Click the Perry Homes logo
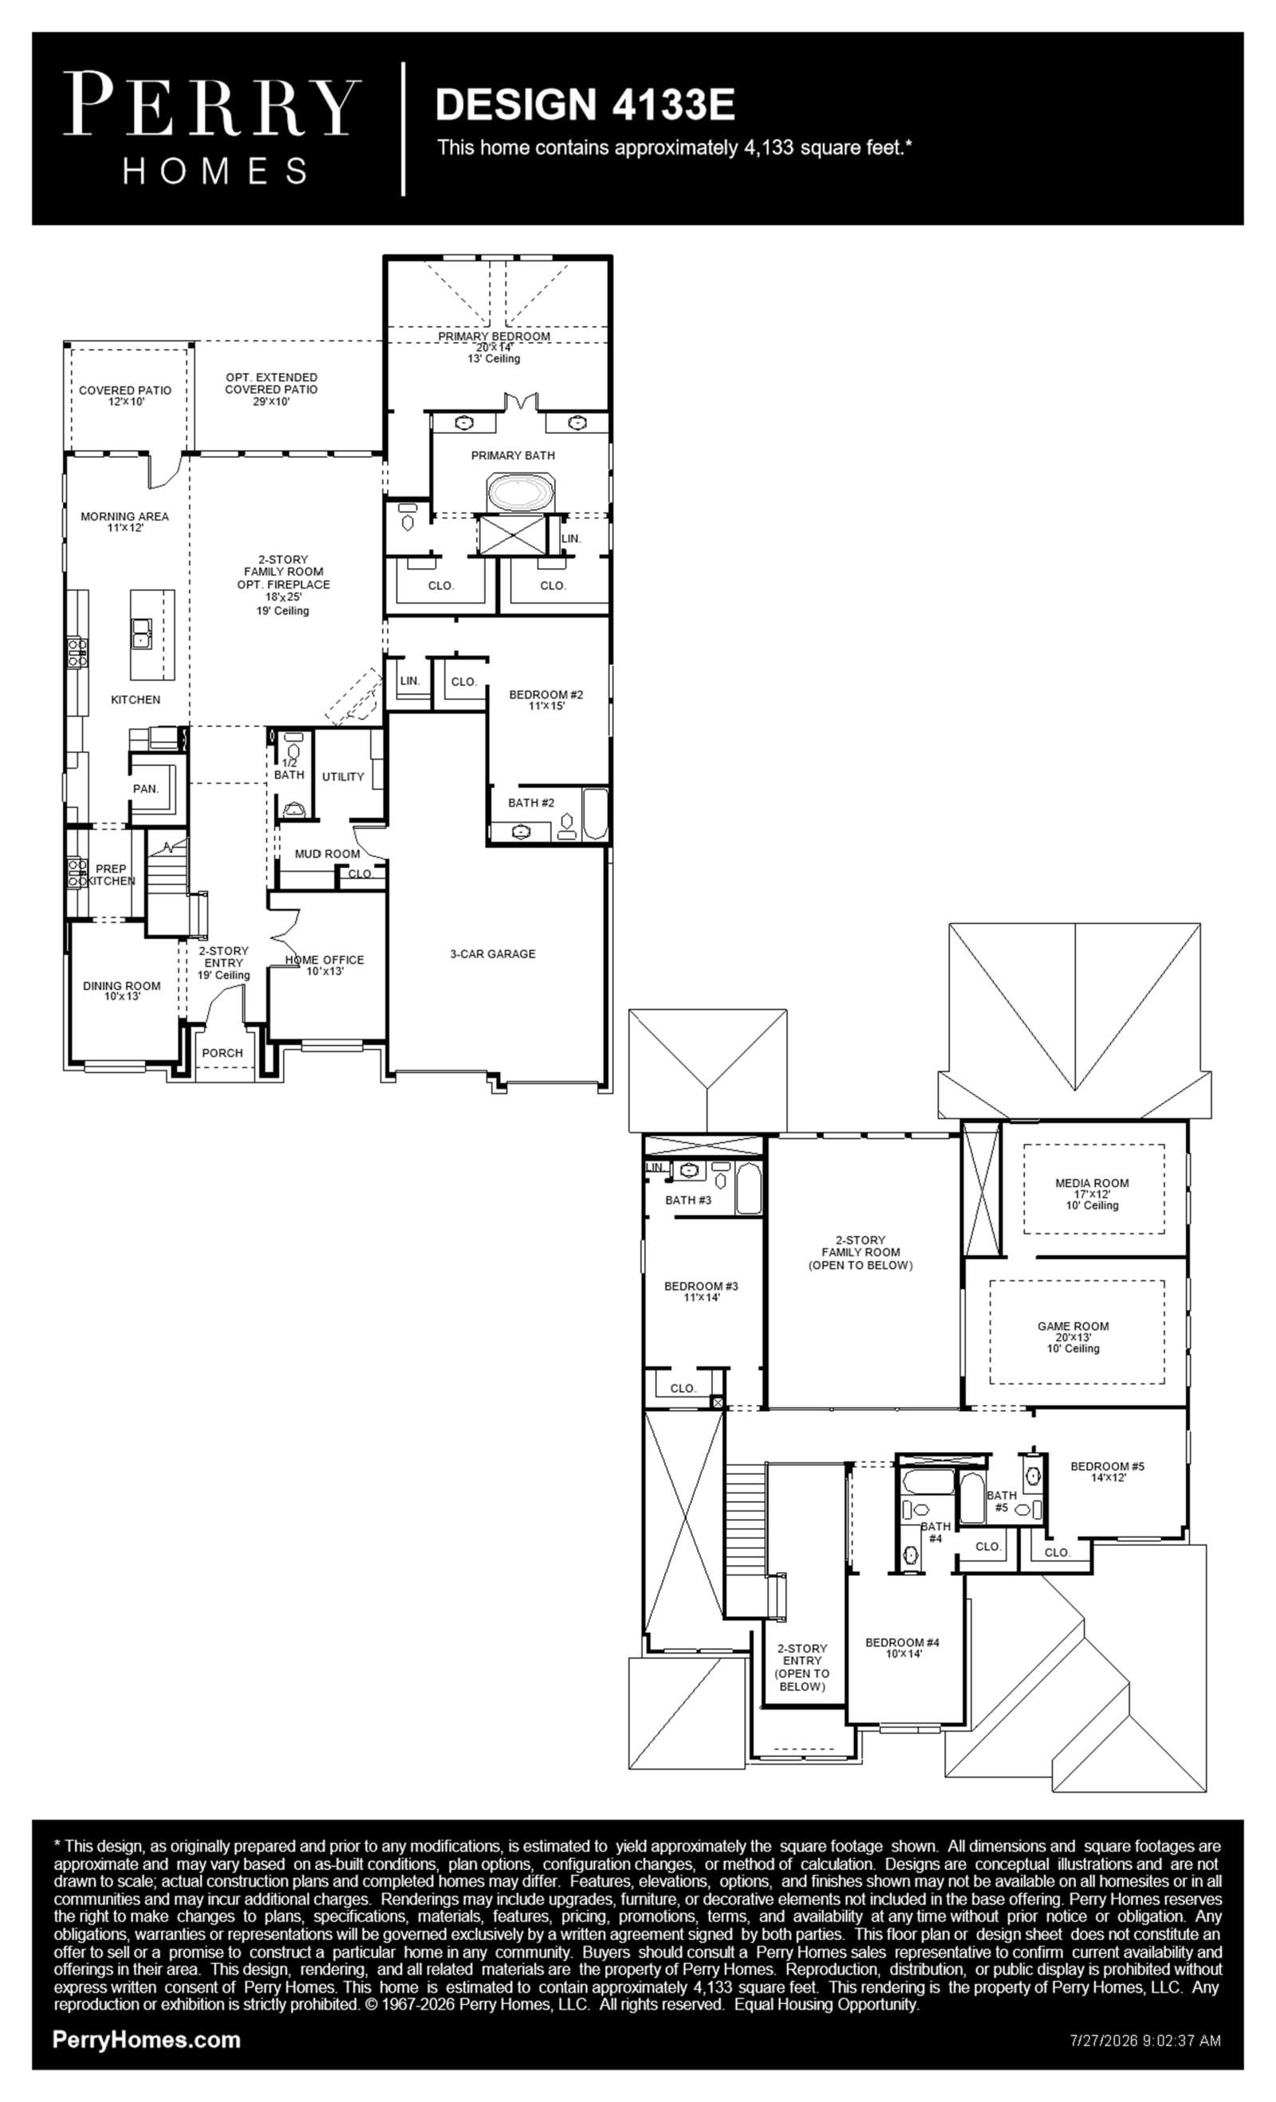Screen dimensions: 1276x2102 [212, 128]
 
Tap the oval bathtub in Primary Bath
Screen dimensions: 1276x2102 [520, 493]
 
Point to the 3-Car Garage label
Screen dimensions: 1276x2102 [493, 954]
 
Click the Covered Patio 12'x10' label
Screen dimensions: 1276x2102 [125, 396]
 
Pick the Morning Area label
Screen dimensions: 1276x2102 [124, 521]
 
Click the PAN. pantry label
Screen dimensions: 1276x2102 [146, 789]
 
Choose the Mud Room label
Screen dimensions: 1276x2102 [328, 853]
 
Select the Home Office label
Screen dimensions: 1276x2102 [325, 964]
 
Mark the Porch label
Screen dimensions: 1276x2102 [223, 1053]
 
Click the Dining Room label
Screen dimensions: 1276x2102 [122, 991]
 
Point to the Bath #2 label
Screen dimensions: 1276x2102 [531, 803]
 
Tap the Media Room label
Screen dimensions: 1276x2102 [1092, 1194]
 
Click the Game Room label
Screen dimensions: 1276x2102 [1073, 1338]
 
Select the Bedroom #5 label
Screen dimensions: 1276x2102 [1108, 1472]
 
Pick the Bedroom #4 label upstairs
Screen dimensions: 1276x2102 [903, 1647]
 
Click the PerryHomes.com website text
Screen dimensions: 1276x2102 [147, 2040]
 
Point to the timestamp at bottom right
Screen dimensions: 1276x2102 [1145, 2041]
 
